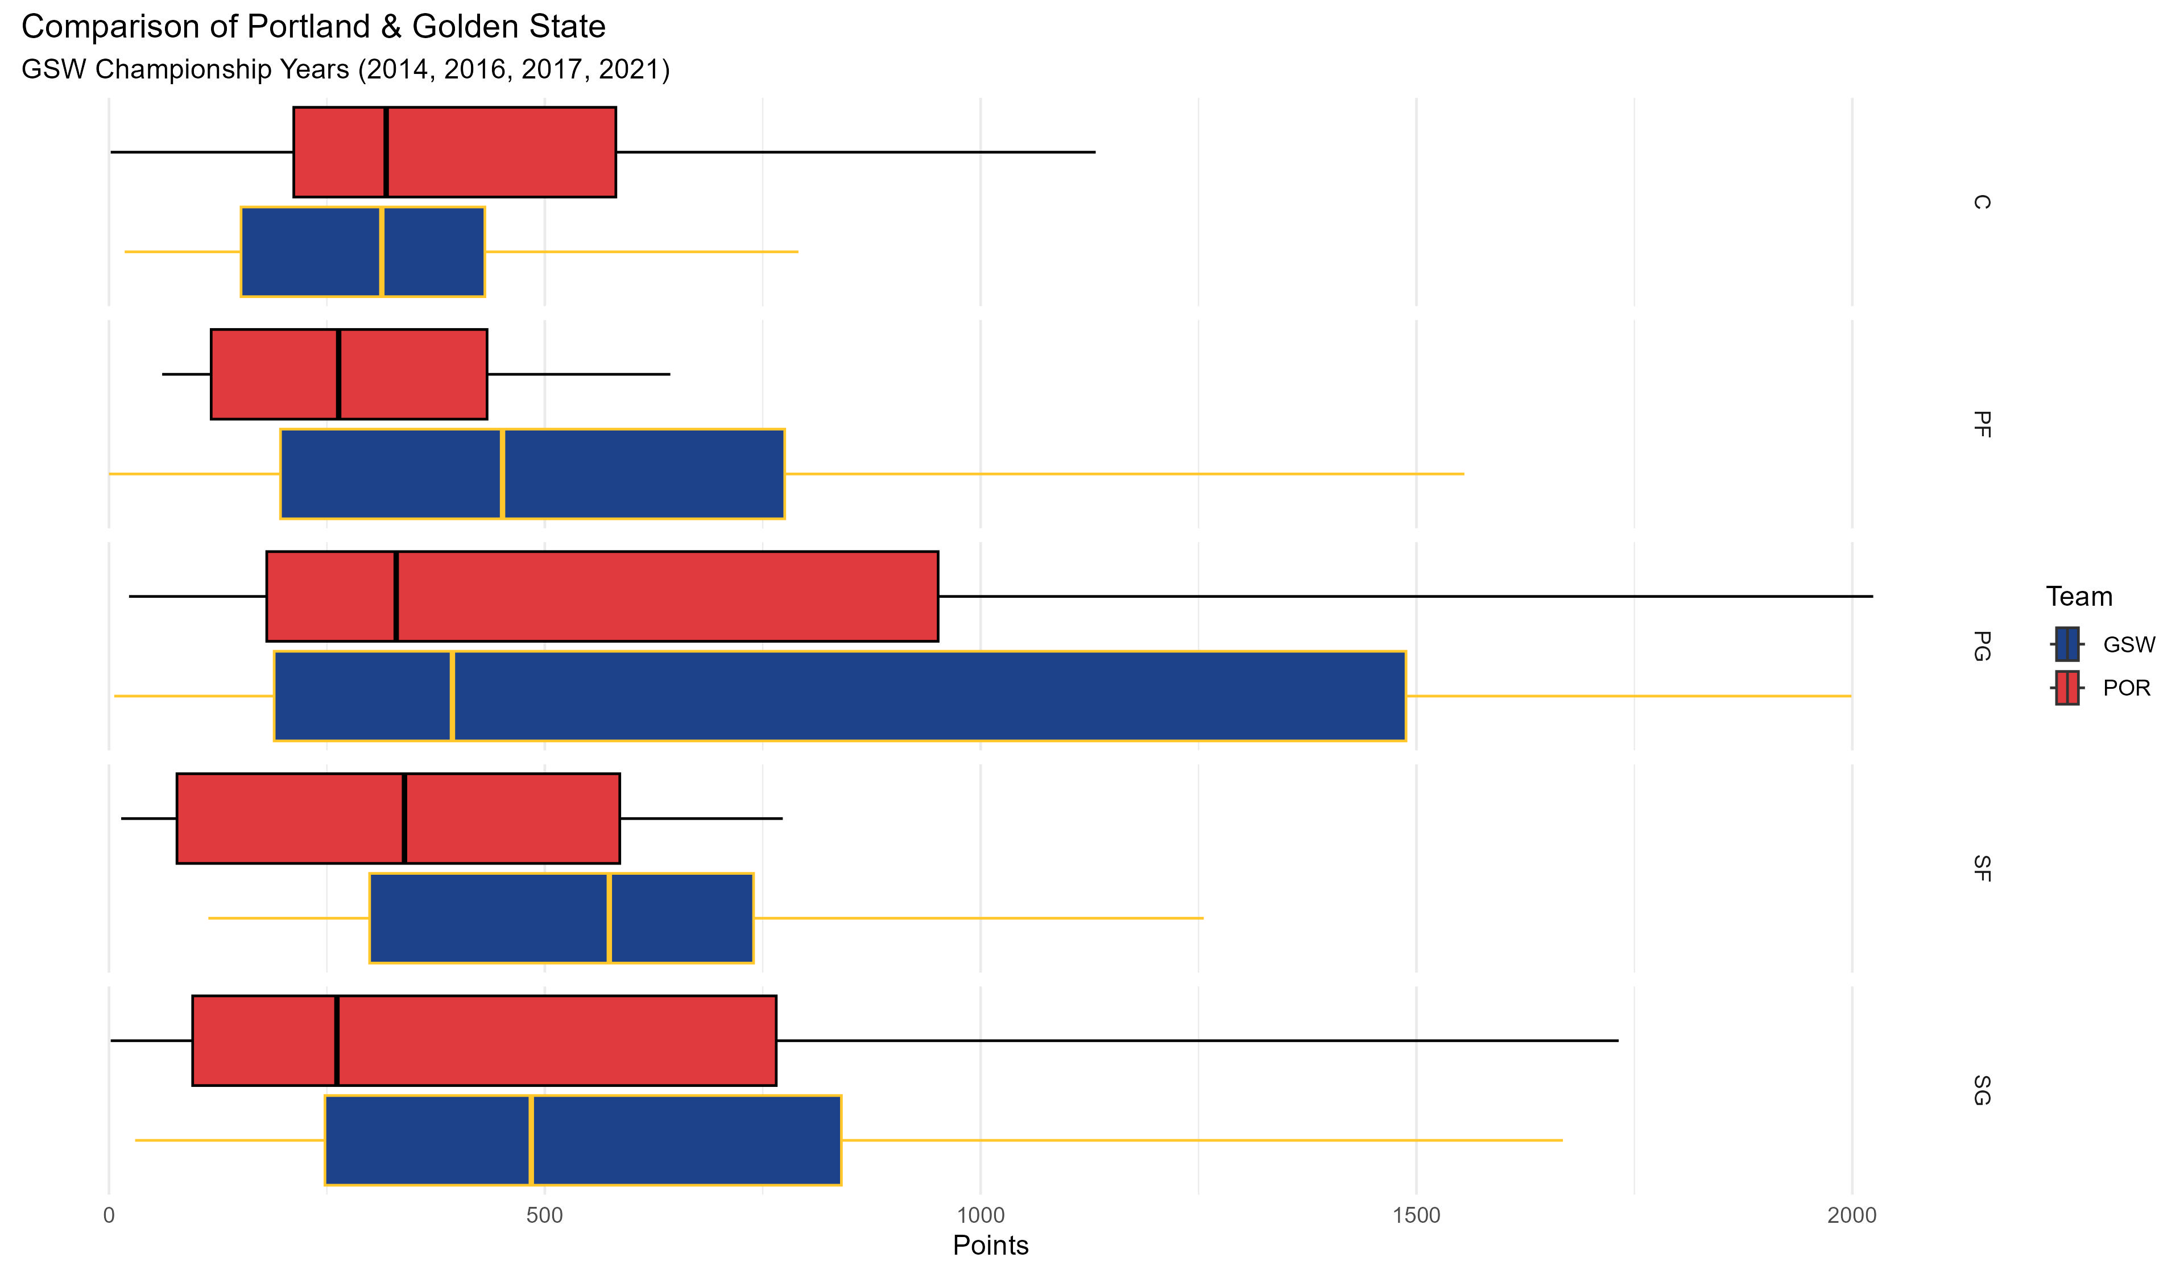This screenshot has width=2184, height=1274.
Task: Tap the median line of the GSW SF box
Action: point(609,918)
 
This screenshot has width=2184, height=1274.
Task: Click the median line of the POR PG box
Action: point(396,596)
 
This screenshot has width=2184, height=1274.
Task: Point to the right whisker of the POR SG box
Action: point(1196,1040)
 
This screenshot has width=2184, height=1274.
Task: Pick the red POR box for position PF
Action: point(349,374)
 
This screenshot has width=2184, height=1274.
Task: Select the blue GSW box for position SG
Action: point(582,1140)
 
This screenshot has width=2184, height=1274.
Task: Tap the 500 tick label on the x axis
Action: point(544,1216)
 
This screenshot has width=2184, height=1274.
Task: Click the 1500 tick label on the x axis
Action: point(1416,1216)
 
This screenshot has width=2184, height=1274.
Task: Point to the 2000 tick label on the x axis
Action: point(1851,1216)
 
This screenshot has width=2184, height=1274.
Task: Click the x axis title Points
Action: point(990,1246)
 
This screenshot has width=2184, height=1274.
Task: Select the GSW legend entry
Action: point(2128,645)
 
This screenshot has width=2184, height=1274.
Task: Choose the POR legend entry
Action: point(2126,688)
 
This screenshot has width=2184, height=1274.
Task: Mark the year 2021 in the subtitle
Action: point(629,69)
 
